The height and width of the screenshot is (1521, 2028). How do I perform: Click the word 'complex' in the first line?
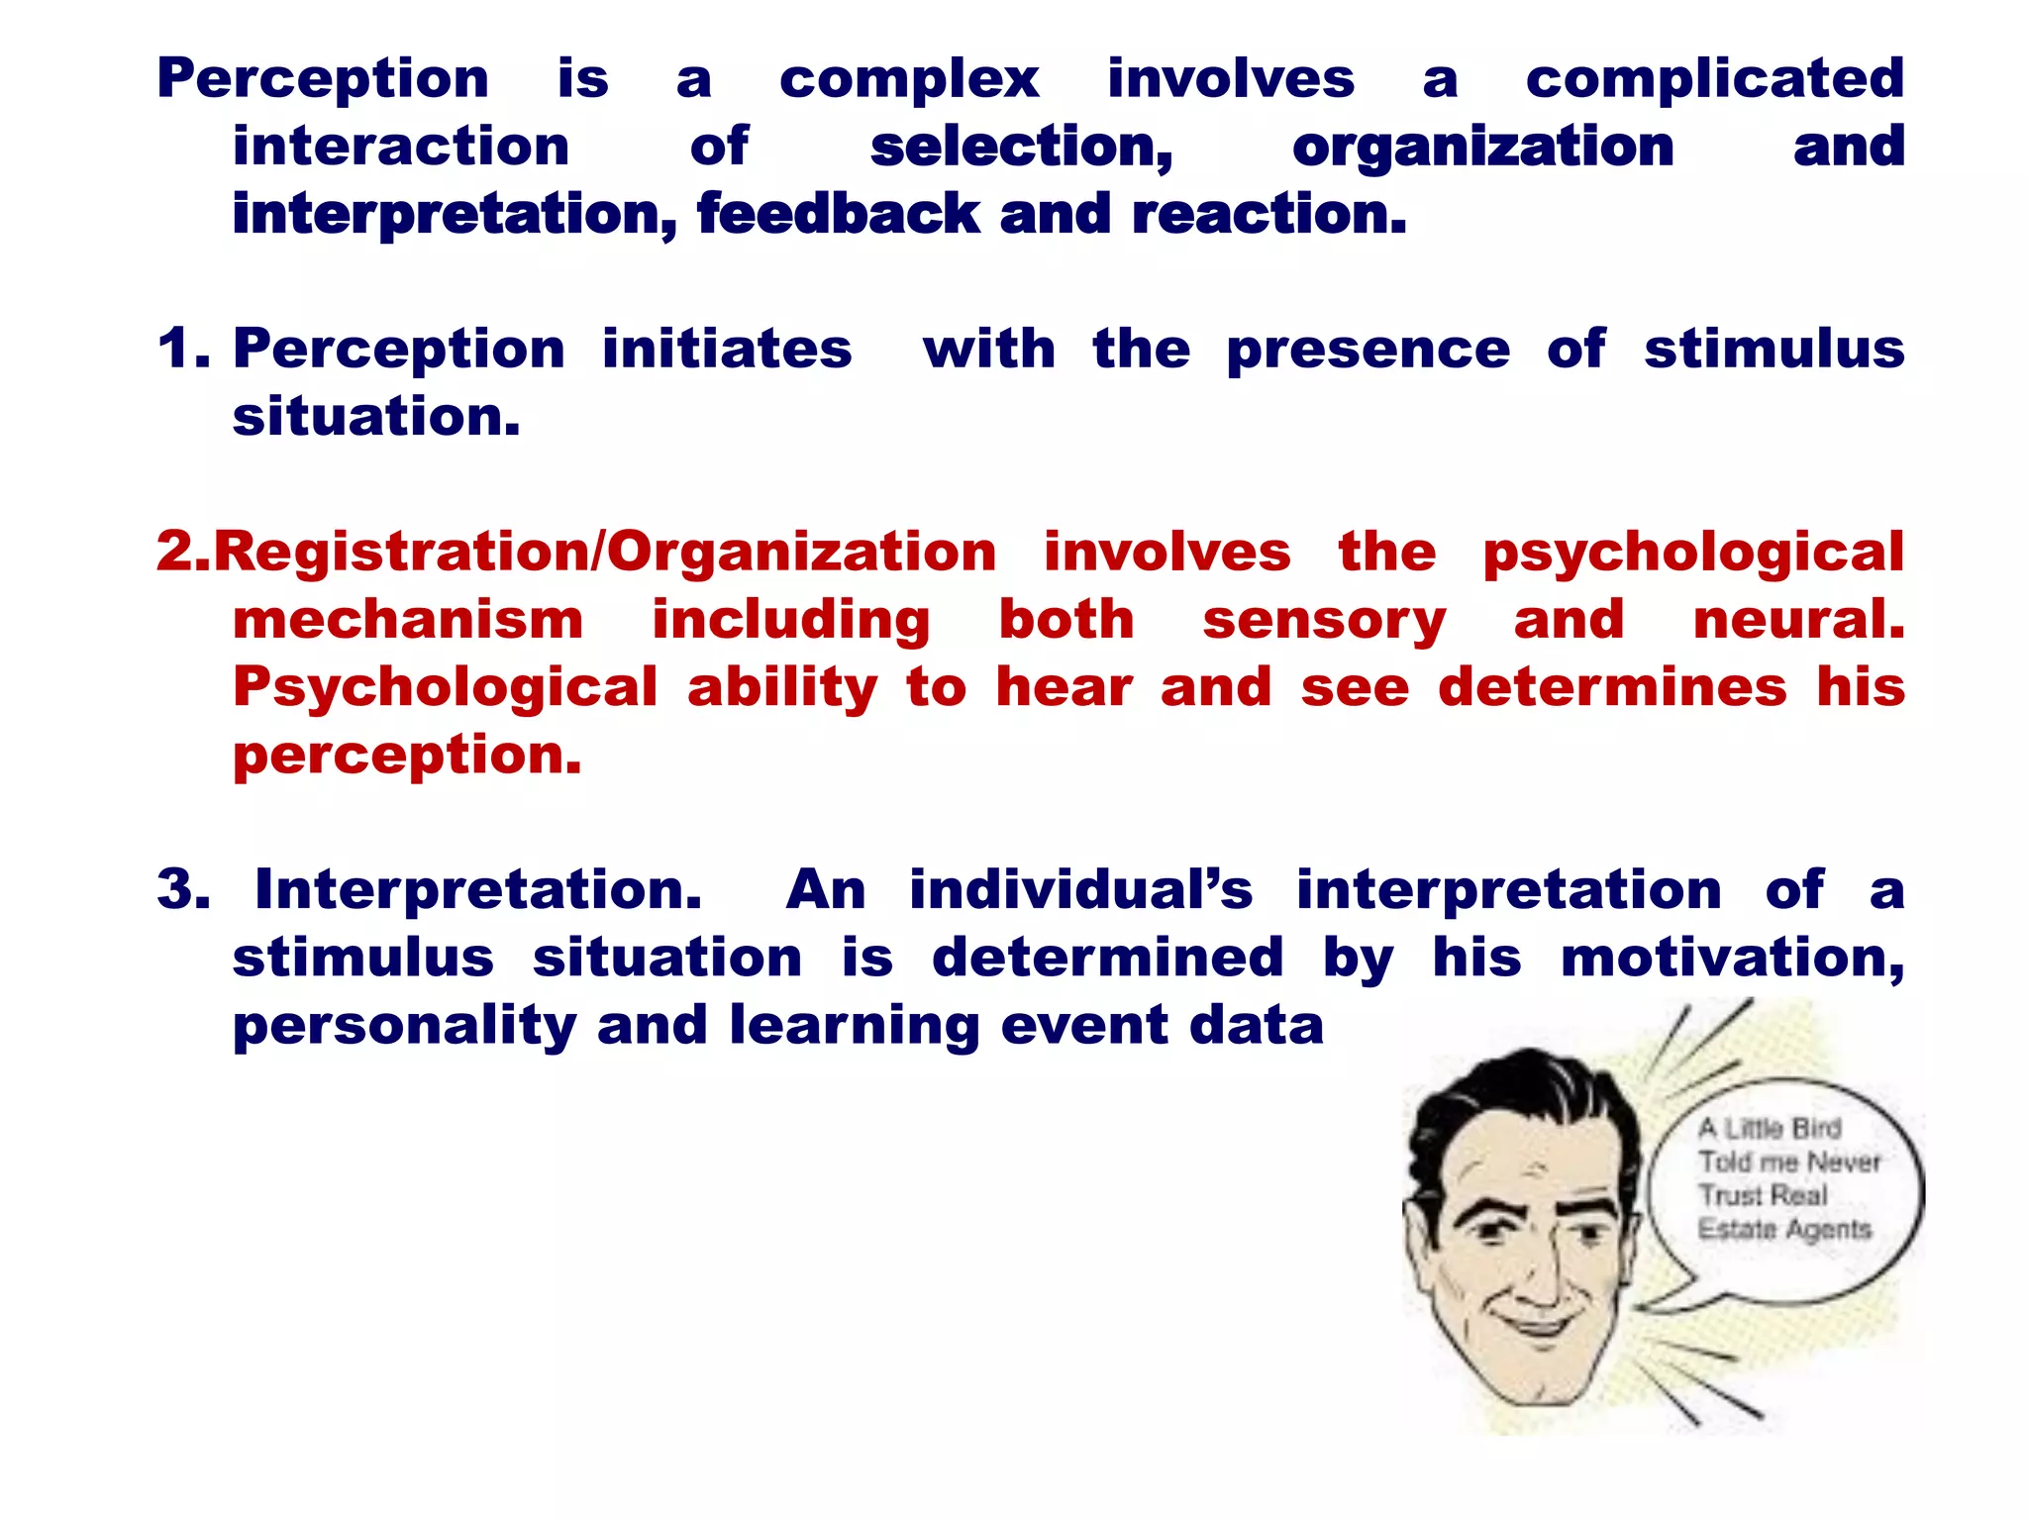[x=909, y=79]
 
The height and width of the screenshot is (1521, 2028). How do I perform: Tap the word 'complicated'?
[x=1714, y=79]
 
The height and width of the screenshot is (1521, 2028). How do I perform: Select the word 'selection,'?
[x=1021, y=148]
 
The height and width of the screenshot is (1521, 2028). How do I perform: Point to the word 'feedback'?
[x=838, y=214]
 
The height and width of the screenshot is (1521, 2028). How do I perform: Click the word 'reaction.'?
[x=1268, y=214]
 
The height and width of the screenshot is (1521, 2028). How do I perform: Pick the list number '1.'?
[x=184, y=349]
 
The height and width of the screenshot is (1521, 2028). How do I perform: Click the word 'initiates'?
[x=727, y=349]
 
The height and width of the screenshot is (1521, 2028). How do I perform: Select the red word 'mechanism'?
[x=408, y=620]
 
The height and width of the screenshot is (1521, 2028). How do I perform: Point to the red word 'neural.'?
[x=1798, y=620]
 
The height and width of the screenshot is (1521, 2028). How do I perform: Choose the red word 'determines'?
[x=1612, y=687]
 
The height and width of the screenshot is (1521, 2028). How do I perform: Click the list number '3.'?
[x=184, y=889]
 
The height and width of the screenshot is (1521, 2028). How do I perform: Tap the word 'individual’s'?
[x=1080, y=889]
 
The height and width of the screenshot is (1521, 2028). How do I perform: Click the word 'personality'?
[x=404, y=1026]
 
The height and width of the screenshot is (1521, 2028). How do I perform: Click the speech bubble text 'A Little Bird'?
[x=1770, y=1128]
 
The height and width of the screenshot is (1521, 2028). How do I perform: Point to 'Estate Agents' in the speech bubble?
[x=1784, y=1229]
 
